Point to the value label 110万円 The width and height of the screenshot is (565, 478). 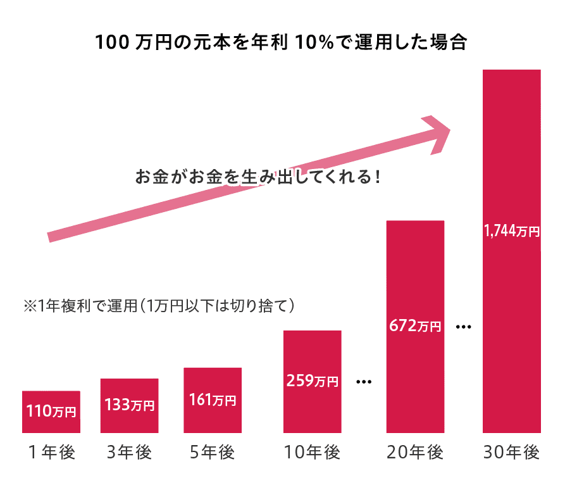point(51,412)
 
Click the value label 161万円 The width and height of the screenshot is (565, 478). point(213,401)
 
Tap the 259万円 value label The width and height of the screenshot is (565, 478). point(312,381)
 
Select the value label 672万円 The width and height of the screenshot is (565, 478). point(415,327)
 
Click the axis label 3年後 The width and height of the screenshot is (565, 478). point(130,453)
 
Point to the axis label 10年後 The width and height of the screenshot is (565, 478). point(312,453)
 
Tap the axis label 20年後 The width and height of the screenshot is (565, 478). point(415,453)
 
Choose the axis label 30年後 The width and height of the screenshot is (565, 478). point(511,453)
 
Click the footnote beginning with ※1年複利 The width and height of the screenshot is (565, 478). point(159,306)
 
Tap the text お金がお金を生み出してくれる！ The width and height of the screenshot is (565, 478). point(258,177)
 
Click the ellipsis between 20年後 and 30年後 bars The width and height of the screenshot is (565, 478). point(464,327)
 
